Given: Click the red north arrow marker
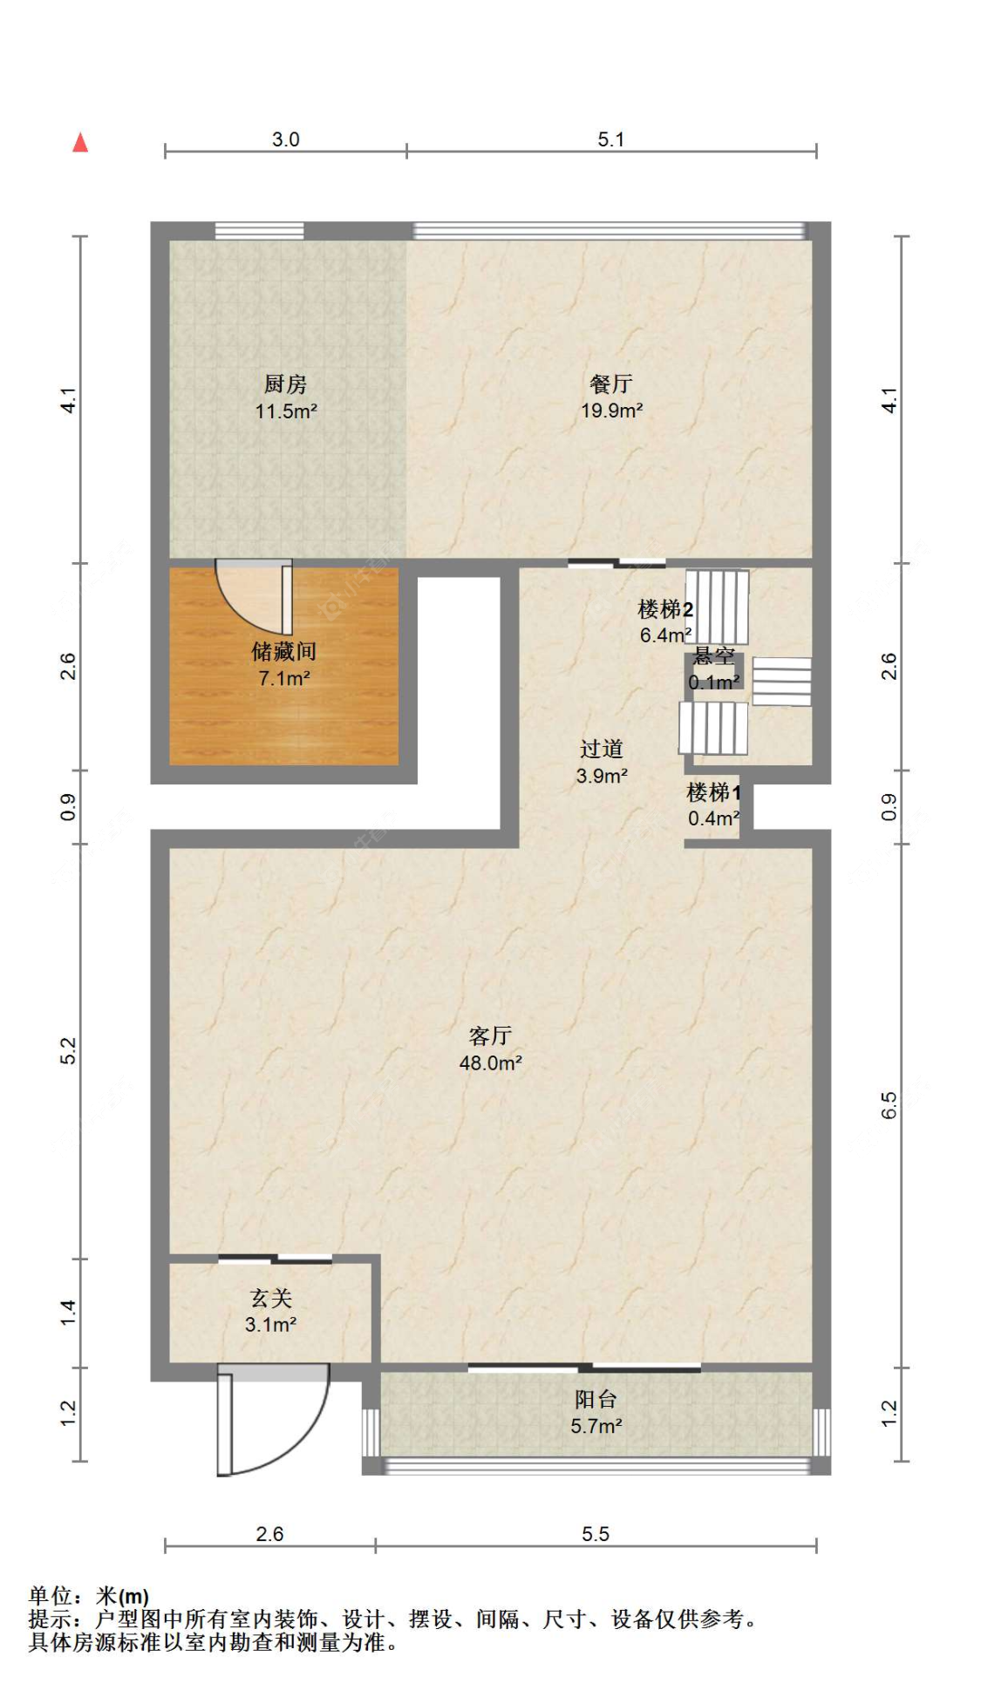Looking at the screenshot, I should [x=80, y=142].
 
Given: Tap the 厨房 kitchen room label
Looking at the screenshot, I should [x=285, y=384].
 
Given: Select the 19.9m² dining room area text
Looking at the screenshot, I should [x=611, y=411].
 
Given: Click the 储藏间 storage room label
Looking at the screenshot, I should [x=283, y=651].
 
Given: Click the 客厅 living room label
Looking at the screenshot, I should [x=489, y=1035].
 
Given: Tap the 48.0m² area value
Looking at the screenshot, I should [x=490, y=1062].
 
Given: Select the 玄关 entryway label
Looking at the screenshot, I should [x=270, y=1298].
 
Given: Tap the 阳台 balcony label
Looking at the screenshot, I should [x=596, y=1399].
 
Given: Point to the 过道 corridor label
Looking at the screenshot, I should [x=601, y=749].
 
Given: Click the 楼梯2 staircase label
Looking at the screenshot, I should [x=665, y=609].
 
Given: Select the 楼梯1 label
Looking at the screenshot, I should [x=713, y=792].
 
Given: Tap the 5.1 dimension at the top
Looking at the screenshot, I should [x=610, y=139].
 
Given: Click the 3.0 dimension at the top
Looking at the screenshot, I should [x=285, y=139].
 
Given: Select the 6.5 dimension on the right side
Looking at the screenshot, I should [x=888, y=1105].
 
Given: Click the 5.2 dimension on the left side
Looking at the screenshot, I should [x=69, y=1050].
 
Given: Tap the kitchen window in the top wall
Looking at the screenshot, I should [x=259, y=231].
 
